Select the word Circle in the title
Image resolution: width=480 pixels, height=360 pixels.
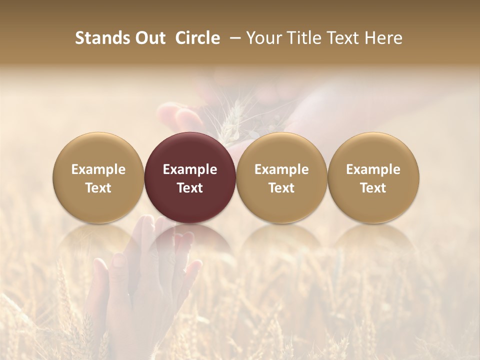197,38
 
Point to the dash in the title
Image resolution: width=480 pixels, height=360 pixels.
233,38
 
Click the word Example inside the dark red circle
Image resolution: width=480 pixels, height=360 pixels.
190,169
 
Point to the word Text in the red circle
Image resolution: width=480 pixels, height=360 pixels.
190,188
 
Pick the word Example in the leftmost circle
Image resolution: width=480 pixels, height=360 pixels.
98,169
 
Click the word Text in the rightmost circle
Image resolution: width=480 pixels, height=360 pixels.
373,188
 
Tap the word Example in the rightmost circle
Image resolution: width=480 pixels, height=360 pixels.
373,169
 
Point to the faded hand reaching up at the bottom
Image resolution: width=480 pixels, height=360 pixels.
150,280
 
